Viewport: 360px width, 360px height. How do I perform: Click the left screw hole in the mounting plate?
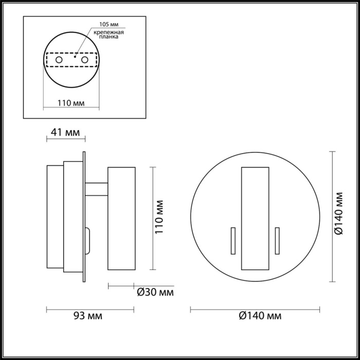(x=60, y=61)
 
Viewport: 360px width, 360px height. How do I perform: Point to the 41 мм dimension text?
(x=65, y=133)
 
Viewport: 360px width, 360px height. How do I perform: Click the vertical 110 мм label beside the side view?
(x=160, y=218)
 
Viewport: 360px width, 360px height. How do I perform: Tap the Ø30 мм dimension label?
(x=155, y=293)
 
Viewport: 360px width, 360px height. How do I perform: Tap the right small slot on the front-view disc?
(x=277, y=240)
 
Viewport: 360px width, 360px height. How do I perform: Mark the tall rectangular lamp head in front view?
(x=255, y=218)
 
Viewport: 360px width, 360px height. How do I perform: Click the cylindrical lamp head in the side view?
(x=121, y=218)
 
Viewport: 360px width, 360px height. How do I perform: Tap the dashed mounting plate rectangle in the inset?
(x=71, y=61)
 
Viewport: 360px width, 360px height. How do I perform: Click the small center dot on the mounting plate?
(x=76, y=58)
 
